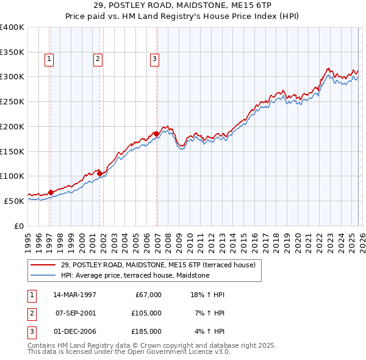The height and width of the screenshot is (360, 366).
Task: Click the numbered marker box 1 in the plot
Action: (49, 59)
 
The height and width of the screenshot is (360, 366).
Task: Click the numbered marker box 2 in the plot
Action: (98, 59)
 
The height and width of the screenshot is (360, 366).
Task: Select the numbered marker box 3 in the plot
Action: (154, 59)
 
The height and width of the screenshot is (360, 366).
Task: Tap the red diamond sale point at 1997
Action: (51, 192)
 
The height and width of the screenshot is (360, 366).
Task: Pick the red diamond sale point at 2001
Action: (99, 173)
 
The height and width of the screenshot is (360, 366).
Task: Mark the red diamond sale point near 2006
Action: (156, 134)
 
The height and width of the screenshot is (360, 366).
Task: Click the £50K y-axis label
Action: (14, 201)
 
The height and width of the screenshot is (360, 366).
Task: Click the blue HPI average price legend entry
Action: (135, 275)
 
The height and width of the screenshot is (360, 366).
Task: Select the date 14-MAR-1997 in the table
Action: (74, 295)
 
